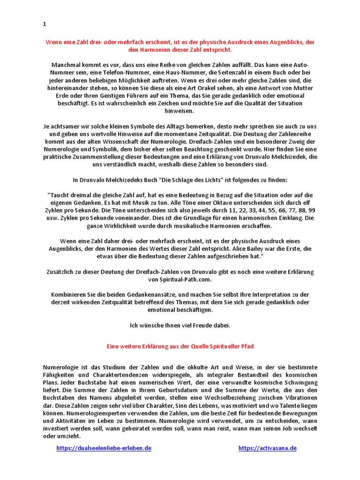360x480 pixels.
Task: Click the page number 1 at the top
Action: pyautogui.click(x=44, y=23)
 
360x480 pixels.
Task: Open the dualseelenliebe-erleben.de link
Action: pyautogui.click(x=104, y=448)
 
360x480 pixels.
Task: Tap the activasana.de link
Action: pyautogui.click(x=267, y=448)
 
